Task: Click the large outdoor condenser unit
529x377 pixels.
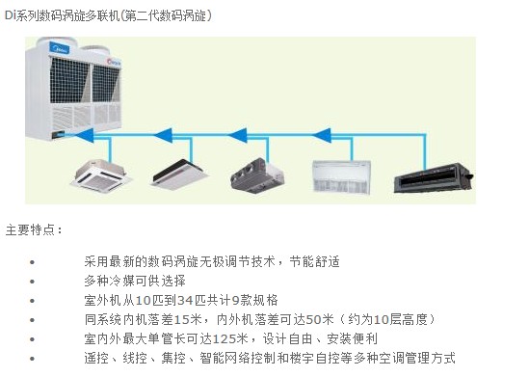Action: pyautogui.click(x=73, y=89)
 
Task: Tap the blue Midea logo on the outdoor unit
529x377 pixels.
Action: pyautogui.click(x=60, y=47)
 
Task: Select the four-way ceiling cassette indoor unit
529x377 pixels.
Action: pyautogui.click(x=101, y=175)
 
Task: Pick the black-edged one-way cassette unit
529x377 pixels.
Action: pyautogui.click(x=179, y=175)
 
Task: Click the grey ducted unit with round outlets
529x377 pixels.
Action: pyautogui.click(x=257, y=175)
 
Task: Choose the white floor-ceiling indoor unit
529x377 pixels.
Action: pyautogui.click(x=341, y=176)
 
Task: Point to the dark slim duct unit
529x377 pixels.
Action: pyautogui.click(x=434, y=177)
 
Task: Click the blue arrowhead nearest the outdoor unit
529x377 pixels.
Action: pyautogui.click(x=85, y=135)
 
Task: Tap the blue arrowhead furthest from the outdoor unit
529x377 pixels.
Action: pyautogui.click(x=322, y=135)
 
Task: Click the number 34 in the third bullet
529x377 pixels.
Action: pyautogui.click(x=186, y=300)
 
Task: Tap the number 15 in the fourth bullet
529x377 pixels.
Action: pyautogui.click(x=181, y=319)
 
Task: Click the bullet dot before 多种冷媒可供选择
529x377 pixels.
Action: pyautogui.click(x=33, y=282)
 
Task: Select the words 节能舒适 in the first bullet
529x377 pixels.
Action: pyautogui.click(x=314, y=261)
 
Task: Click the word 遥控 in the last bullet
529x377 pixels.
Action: pyautogui.click(x=96, y=358)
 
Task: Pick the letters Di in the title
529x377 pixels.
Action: pyautogui.click(x=11, y=15)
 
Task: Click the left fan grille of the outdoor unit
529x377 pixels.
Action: pyautogui.click(x=69, y=80)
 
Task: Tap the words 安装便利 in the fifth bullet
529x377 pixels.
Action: pyautogui.click(x=353, y=338)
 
